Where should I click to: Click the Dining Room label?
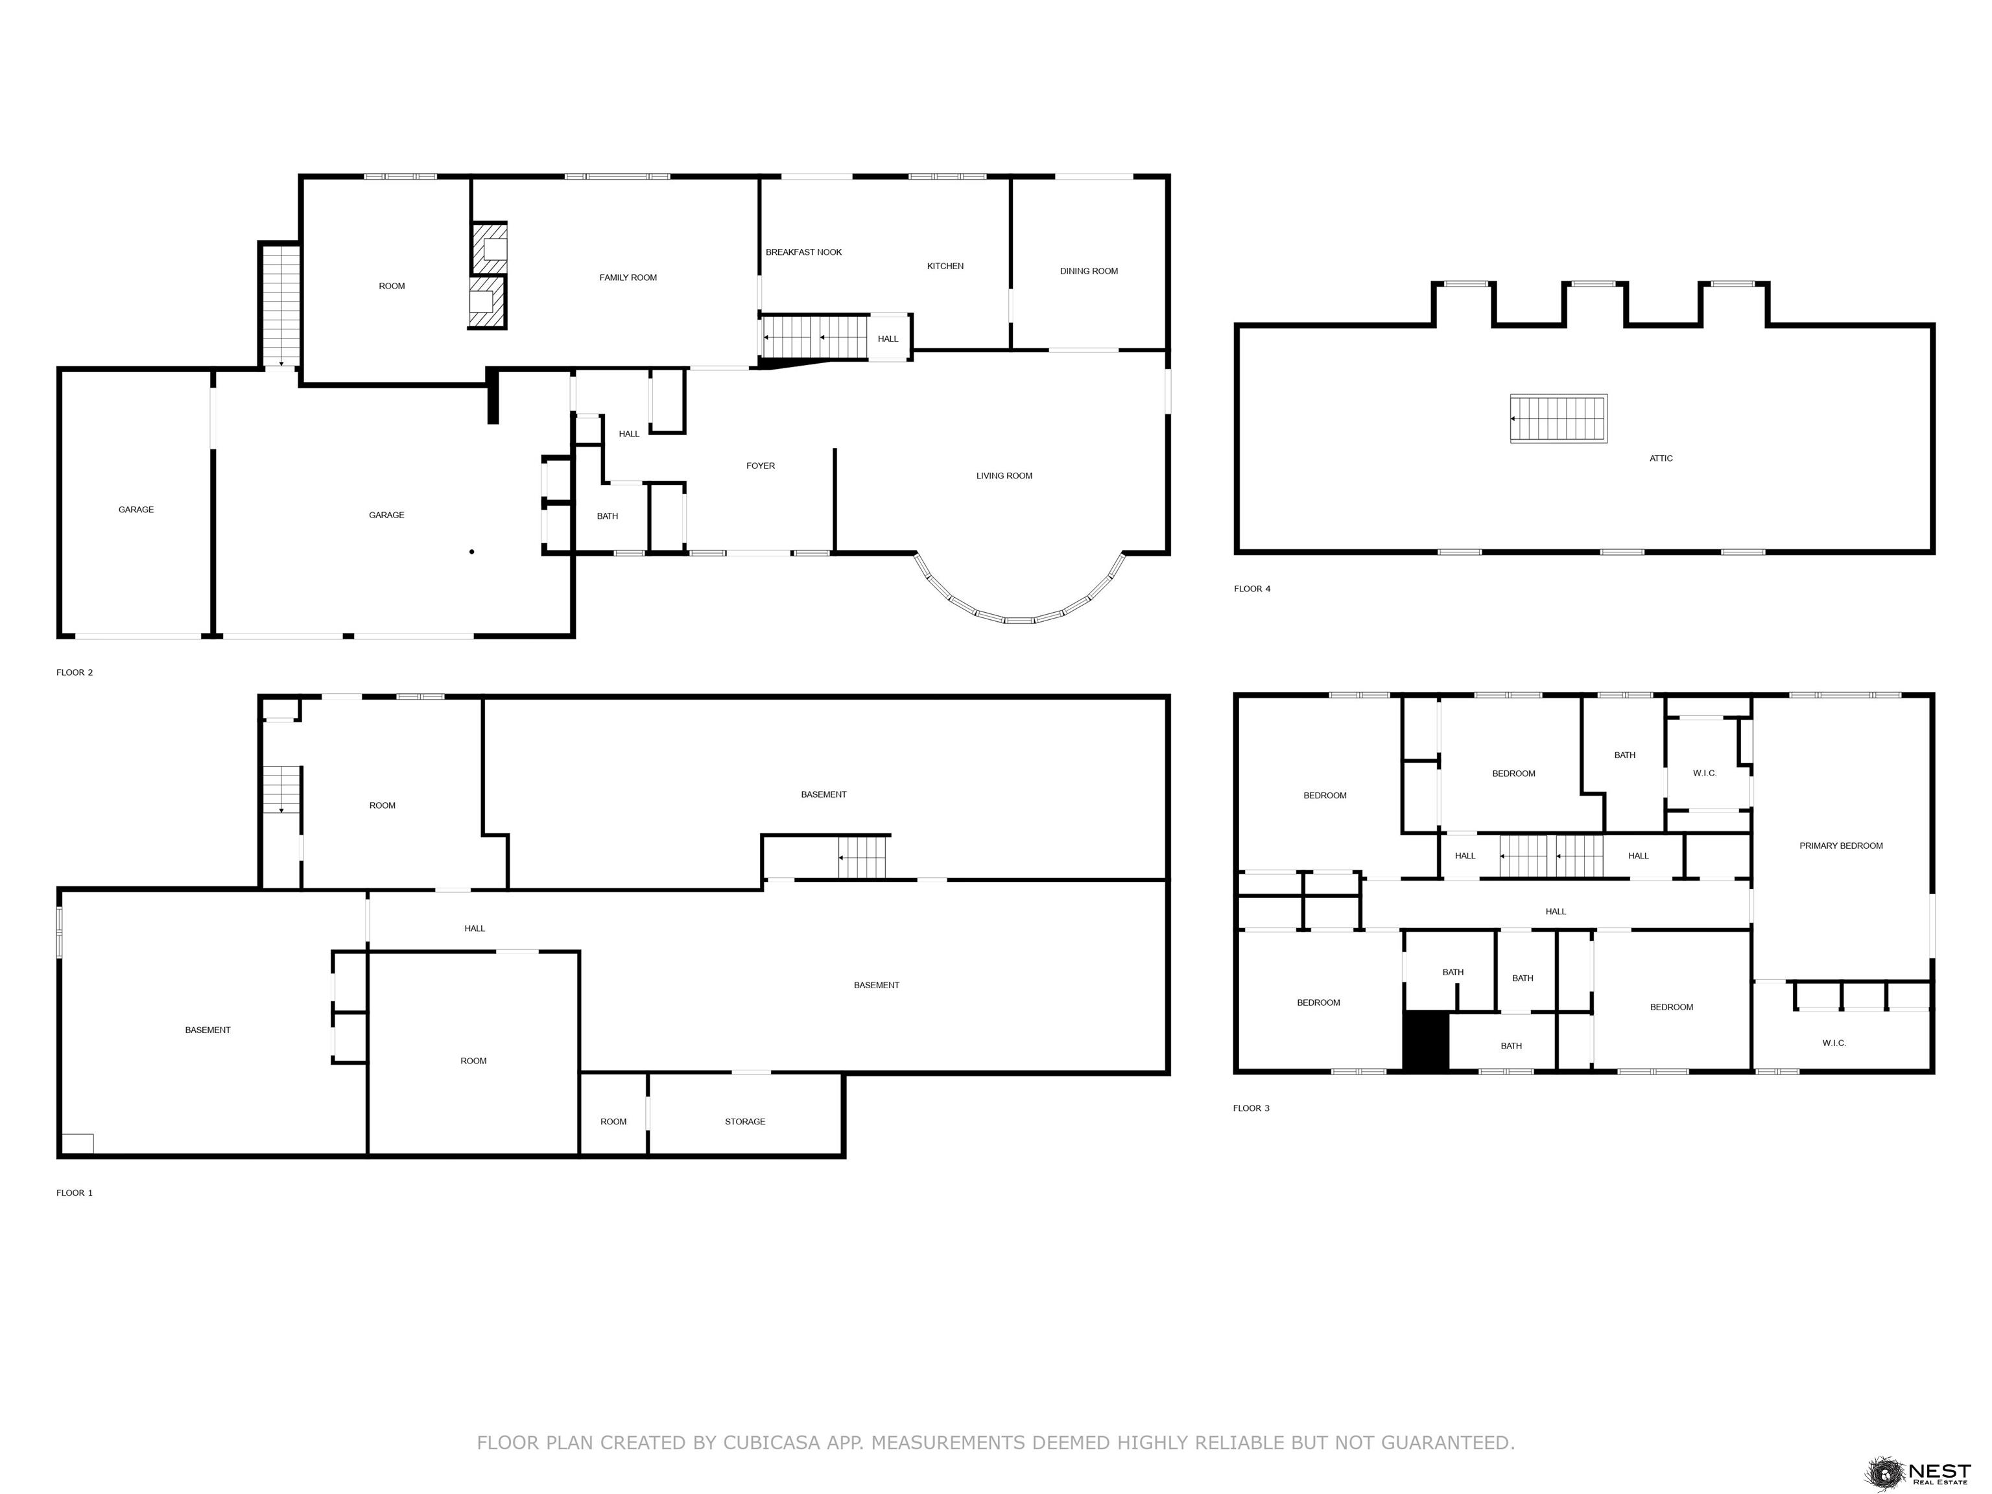click(x=1089, y=271)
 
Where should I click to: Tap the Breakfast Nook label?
click(x=803, y=252)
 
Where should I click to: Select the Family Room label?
click(x=628, y=278)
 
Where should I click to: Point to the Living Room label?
click(x=1004, y=475)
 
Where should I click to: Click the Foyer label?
click(x=760, y=466)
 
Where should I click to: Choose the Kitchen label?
click(x=945, y=266)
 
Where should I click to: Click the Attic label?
click(x=1661, y=458)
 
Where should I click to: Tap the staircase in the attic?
click(x=1559, y=419)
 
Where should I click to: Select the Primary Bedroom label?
click(x=1841, y=846)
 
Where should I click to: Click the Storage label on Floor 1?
click(x=745, y=1121)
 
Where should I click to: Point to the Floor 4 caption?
click(x=1251, y=589)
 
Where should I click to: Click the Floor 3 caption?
click(x=1251, y=1108)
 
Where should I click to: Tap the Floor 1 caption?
click(x=74, y=1192)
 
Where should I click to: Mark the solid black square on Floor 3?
click(x=1425, y=1040)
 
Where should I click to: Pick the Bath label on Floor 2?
click(x=607, y=516)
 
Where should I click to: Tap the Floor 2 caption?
click(x=74, y=672)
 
